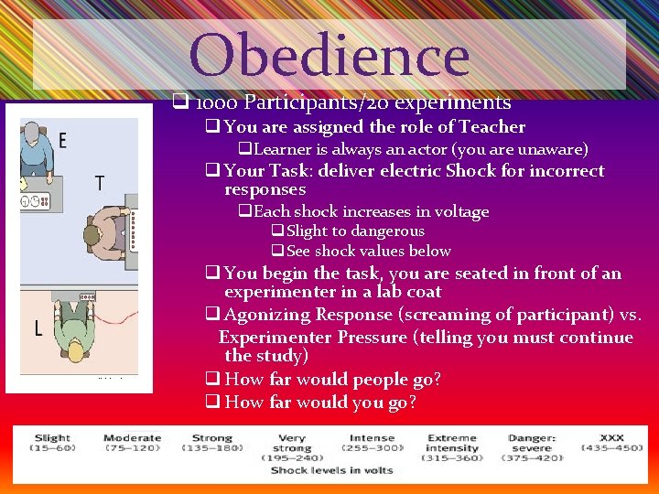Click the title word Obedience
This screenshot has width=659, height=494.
(329, 54)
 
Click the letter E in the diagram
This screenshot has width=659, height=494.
(62, 140)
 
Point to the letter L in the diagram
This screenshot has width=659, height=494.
(37, 328)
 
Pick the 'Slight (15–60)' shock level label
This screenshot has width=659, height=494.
(53, 443)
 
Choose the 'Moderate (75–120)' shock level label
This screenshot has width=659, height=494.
(133, 443)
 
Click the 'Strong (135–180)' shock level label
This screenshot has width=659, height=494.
(212, 443)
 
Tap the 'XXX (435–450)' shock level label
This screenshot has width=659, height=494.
(610, 443)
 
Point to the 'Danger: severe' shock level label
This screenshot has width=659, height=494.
(532, 444)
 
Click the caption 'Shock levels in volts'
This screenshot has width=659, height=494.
(331, 470)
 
